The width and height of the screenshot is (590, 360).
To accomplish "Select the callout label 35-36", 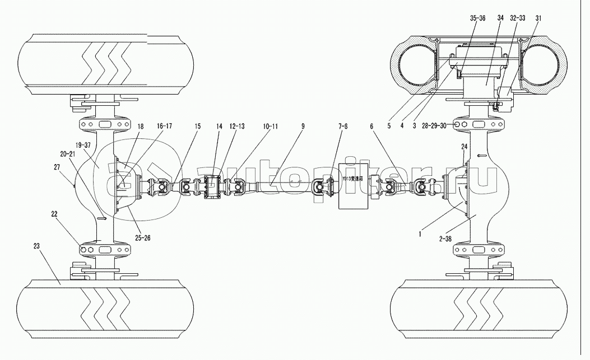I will [x=478, y=18].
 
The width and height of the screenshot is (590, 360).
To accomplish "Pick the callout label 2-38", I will [x=447, y=239].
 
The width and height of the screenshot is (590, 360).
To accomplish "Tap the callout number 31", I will [x=538, y=18].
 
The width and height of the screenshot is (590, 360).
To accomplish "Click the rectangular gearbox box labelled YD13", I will [x=352, y=190].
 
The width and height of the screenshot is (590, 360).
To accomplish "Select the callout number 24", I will [x=464, y=147].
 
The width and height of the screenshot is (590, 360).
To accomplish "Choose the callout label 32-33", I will [x=517, y=18].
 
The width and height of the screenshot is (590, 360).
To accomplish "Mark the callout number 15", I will [x=197, y=127].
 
